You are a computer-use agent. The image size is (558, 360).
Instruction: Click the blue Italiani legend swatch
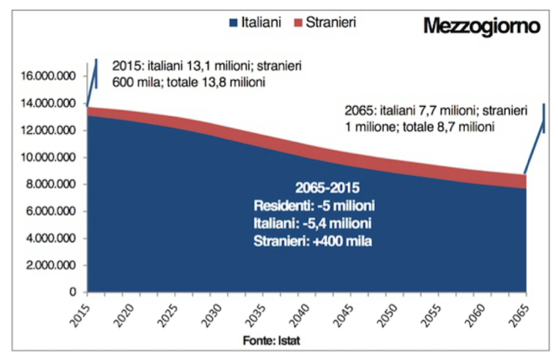239,23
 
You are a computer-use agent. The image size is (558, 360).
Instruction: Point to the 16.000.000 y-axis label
48,75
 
